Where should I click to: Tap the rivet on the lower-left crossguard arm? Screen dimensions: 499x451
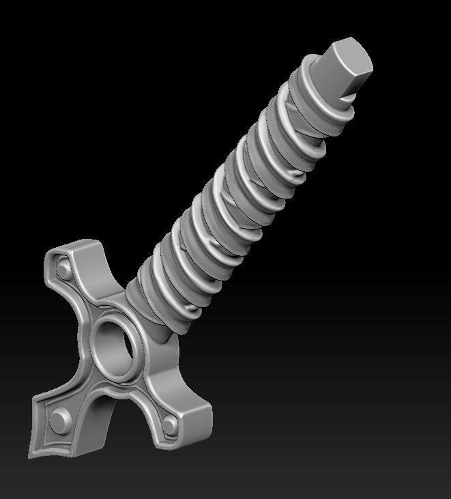pyautogui.click(x=59, y=417)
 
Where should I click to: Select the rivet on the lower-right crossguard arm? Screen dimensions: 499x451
pyautogui.click(x=169, y=424)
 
